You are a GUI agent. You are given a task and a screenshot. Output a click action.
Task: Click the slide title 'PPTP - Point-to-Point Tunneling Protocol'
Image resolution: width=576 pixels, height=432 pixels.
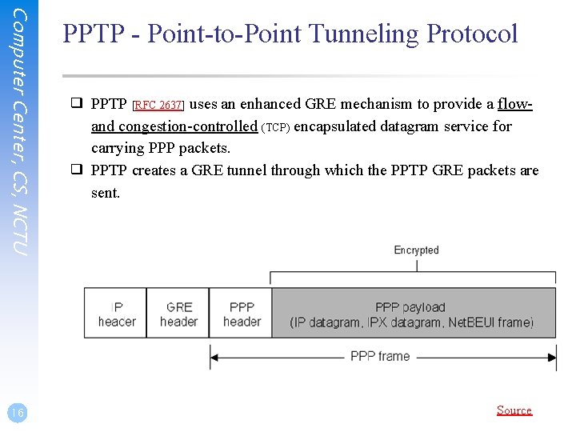[x=290, y=34]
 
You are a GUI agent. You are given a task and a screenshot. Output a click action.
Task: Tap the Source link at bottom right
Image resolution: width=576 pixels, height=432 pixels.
[x=514, y=410]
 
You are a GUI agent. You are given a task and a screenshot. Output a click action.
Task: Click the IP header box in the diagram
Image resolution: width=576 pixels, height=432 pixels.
[x=116, y=314]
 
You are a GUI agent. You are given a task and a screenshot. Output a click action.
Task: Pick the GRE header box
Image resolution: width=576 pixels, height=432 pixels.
[x=178, y=314]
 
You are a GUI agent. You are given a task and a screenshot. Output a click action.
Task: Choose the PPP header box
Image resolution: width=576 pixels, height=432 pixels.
[x=242, y=314]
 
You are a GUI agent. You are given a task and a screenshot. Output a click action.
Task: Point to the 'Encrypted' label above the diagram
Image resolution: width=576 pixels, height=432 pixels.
[x=416, y=250]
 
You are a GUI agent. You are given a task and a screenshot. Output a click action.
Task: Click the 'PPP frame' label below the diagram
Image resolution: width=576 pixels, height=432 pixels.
[x=380, y=356]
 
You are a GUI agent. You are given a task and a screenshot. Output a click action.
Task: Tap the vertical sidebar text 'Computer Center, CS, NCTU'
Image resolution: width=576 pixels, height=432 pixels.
[x=21, y=132]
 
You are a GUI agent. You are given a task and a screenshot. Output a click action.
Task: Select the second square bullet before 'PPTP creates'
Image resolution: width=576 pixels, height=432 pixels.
[x=77, y=170]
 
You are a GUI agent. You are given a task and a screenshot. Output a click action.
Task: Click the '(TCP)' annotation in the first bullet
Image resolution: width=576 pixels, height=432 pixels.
[x=276, y=127]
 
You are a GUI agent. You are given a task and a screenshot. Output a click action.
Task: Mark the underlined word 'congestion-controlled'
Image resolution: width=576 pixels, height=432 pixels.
[x=188, y=126]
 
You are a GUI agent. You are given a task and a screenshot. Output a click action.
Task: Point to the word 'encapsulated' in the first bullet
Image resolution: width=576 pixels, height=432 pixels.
[x=336, y=126]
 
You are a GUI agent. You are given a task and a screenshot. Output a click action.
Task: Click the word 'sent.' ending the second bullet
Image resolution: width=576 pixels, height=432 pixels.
[x=106, y=193]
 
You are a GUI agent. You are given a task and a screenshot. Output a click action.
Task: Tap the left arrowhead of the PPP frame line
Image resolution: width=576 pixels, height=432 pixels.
[x=214, y=356]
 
